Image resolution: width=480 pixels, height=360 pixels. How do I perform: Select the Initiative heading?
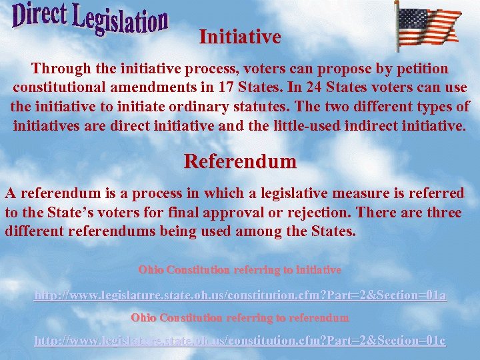tap(240, 37)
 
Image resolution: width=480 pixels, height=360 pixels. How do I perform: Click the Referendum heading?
tap(240, 161)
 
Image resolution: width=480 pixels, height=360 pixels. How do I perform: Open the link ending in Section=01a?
tap(240, 295)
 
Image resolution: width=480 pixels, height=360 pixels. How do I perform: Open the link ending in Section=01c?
tap(240, 341)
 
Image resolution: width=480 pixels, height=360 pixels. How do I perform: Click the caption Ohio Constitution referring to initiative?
tap(240, 270)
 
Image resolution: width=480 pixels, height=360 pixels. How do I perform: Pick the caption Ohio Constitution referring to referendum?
tap(240, 317)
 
